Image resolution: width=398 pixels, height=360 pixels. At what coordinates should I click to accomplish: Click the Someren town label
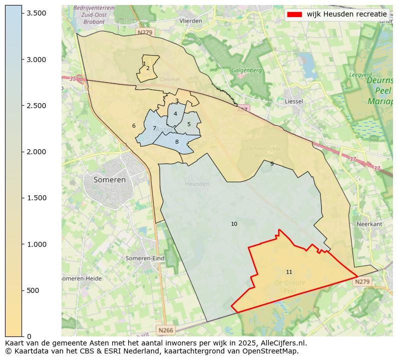click(x=110, y=179)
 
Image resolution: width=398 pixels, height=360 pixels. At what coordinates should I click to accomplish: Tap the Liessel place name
click(x=294, y=101)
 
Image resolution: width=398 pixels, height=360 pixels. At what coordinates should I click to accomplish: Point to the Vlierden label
click(x=191, y=21)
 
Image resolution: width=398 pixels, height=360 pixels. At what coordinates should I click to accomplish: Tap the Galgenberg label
click(x=246, y=71)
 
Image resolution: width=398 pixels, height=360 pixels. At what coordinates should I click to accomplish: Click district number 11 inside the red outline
click(x=289, y=272)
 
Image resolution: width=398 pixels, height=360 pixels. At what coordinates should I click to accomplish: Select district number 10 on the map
click(x=234, y=224)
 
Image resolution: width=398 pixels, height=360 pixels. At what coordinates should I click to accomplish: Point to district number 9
click(x=272, y=164)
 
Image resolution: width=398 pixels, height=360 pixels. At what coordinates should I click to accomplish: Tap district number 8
click(x=177, y=142)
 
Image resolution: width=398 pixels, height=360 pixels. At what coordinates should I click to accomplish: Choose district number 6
click(x=134, y=126)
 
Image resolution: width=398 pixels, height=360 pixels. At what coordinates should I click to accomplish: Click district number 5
click(x=189, y=125)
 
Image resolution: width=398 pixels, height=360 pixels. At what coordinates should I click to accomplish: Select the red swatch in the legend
click(x=294, y=15)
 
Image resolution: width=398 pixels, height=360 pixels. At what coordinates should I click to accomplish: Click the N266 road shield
click(x=165, y=330)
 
